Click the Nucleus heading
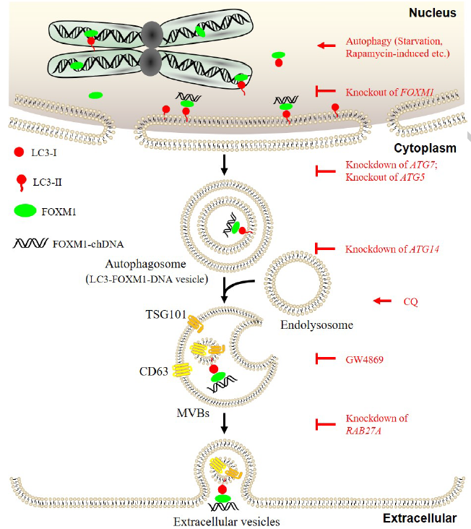pyautogui.click(x=431, y=12)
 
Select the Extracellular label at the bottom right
pyautogui.click(x=424, y=518)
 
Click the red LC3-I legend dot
pyautogui.click(x=19, y=153)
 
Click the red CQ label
pyautogui.click(x=410, y=301)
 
